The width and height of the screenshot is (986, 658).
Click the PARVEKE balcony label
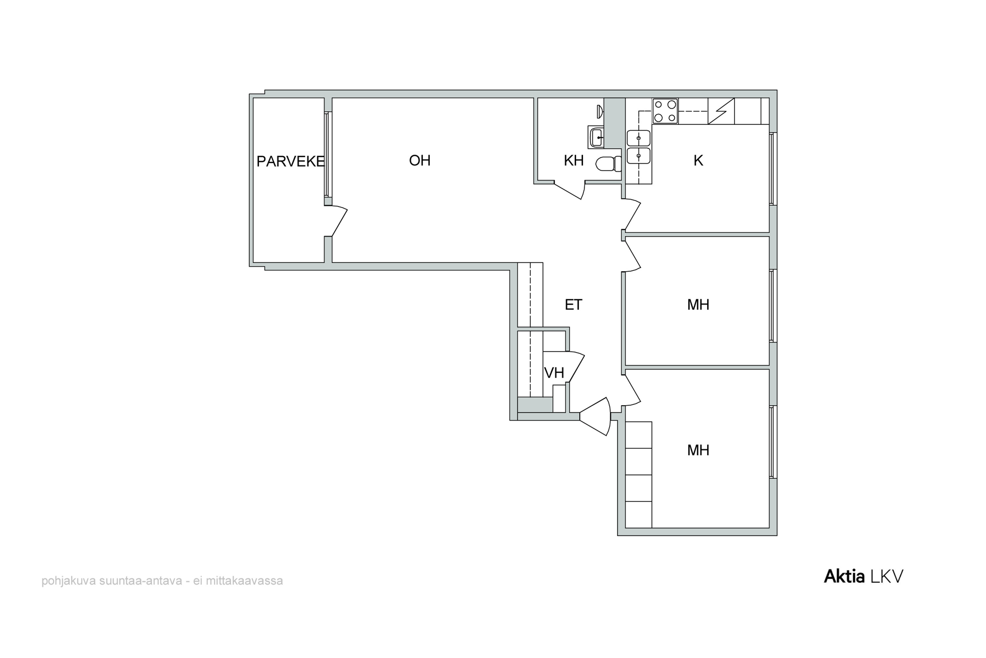(x=291, y=162)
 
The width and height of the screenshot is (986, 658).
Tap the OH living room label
(x=420, y=160)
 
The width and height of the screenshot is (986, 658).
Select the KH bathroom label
(x=574, y=160)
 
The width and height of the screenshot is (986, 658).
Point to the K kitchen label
(x=698, y=160)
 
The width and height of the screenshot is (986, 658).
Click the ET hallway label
(x=574, y=305)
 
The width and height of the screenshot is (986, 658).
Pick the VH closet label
(x=554, y=373)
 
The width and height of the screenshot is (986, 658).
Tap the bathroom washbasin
(x=596, y=137)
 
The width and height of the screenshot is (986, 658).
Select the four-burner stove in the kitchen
(x=665, y=111)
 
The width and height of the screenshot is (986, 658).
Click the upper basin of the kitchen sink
(x=639, y=138)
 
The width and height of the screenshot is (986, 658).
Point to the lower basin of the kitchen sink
(x=639, y=156)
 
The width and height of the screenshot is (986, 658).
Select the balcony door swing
(x=339, y=221)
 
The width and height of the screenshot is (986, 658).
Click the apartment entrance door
(x=595, y=416)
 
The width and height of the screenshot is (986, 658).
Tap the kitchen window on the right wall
(x=773, y=169)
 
